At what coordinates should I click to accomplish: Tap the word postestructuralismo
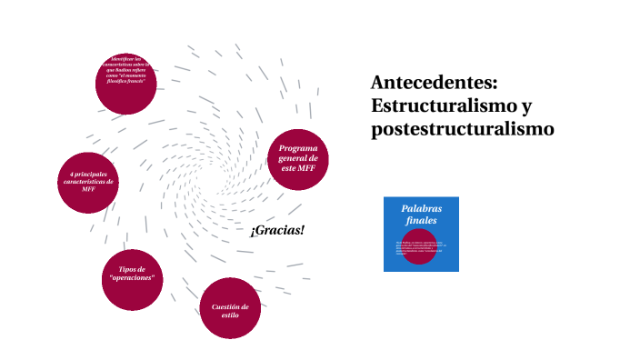coord(463,129)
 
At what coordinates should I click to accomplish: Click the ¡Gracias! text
coord(277,230)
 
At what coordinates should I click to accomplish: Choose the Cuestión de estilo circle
coord(230,308)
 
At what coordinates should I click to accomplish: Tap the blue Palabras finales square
coord(421,234)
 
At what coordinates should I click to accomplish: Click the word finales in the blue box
coord(421,221)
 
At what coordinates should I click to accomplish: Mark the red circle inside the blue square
coord(420,247)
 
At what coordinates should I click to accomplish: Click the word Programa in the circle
coord(299,148)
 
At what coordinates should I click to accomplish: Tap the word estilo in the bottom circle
coord(231,315)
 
